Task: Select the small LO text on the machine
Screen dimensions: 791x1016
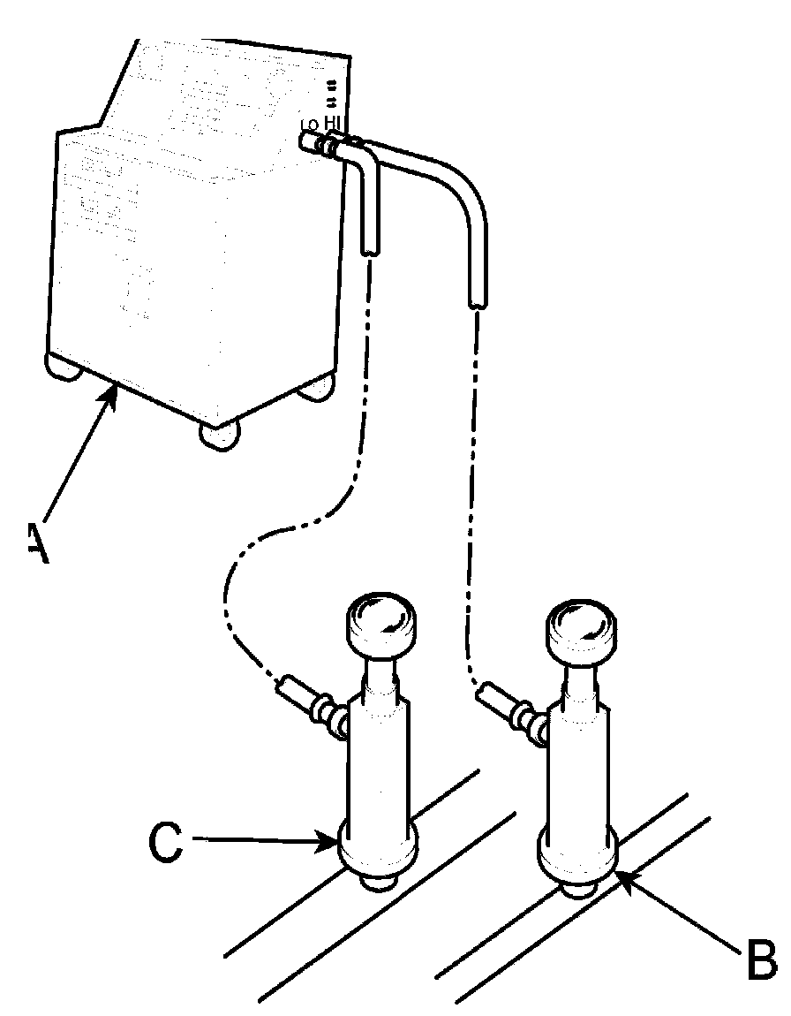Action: click(310, 125)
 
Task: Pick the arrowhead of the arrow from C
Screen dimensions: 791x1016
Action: click(330, 845)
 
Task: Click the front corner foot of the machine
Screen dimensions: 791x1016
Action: click(219, 436)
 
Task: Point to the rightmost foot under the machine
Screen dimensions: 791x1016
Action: click(315, 389)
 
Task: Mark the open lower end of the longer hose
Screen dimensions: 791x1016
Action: click(477, 303)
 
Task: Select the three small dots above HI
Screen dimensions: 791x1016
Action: click(332, 88)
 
